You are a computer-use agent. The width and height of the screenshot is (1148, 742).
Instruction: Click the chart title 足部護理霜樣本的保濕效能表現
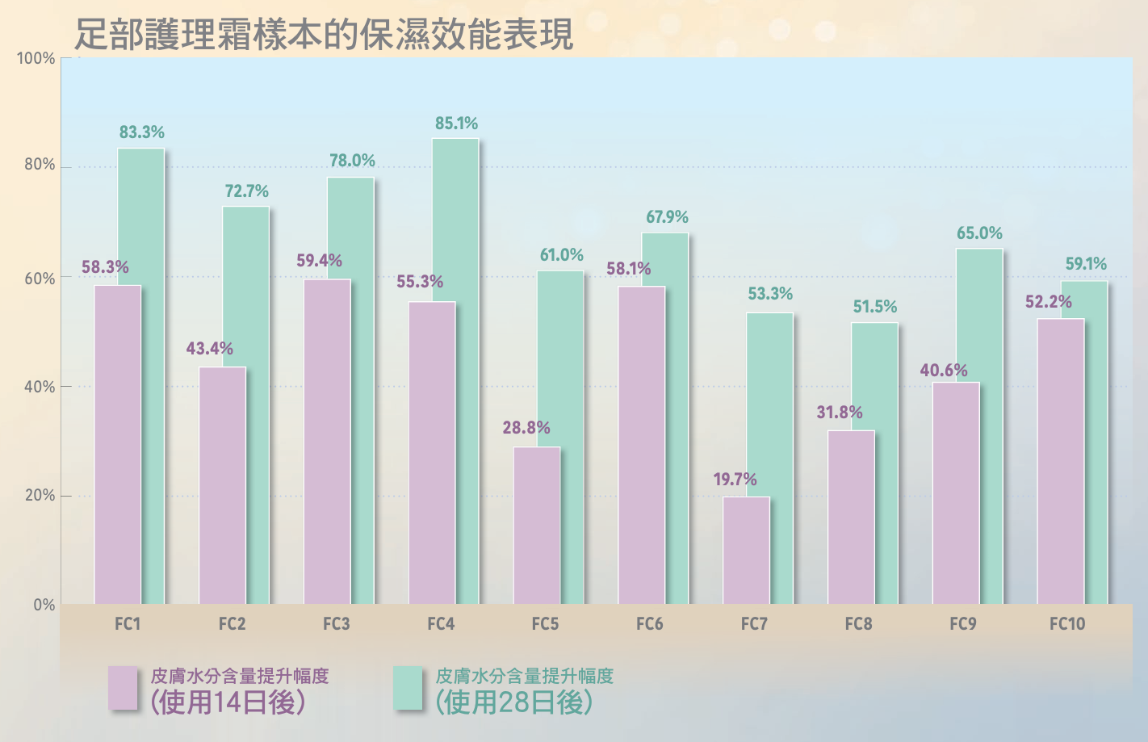point(324,35)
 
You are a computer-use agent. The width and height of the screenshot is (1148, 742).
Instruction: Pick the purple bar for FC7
point(746,550)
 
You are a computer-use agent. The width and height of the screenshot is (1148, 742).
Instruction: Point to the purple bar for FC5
point(536,525)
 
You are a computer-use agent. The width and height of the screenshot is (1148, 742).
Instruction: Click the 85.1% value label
point(456,124)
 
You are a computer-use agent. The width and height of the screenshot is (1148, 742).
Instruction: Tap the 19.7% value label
point(735,480)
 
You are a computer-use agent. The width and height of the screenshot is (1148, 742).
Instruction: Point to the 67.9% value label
point(667,217)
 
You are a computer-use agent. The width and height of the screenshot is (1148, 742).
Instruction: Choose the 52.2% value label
point(1049,302)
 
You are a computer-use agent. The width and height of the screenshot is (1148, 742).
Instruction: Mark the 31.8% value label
point(840,413)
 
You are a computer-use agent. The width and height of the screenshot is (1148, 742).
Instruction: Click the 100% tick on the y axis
point(36,59)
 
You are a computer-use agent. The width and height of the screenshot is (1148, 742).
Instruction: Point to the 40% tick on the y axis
point(40,387)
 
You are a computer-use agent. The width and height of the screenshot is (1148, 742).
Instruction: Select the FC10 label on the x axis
point(1067,624)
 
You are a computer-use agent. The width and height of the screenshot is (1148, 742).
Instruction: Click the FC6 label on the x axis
point(650,624)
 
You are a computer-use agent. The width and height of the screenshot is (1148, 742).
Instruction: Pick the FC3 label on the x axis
point(336,624)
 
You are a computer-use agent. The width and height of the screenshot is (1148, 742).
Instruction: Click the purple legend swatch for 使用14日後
point(124,688)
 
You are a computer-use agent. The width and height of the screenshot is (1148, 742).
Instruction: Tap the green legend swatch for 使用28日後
point(409,688)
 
